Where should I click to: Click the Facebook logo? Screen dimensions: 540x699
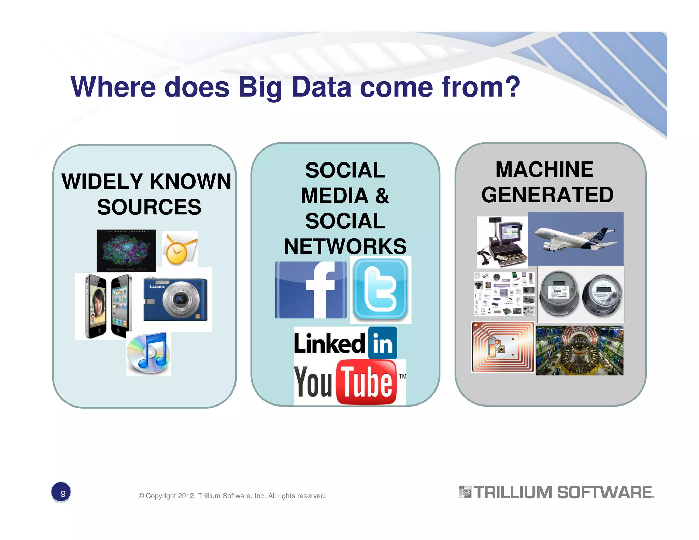coord(311,290)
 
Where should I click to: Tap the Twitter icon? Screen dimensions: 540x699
coord(380,290)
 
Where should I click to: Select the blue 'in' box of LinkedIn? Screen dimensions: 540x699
coord(383,343)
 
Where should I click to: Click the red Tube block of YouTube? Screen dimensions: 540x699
coord(366,382)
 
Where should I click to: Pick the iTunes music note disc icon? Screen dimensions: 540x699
coord(148,354)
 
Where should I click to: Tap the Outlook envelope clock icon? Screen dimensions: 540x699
coord(180,248)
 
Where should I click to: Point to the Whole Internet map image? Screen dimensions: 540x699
coord(126,251)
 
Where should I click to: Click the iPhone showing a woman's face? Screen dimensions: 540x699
coord(96,306)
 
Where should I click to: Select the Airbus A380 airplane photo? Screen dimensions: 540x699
coord(575,238)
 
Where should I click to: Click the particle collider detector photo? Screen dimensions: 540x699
coord(579,351)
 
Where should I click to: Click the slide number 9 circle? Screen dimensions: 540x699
coord(61,493)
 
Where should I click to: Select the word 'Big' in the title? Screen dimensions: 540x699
coord(260,87)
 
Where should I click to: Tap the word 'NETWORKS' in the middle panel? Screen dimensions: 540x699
coord(345,246)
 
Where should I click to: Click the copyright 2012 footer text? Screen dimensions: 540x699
coord(232,496)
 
